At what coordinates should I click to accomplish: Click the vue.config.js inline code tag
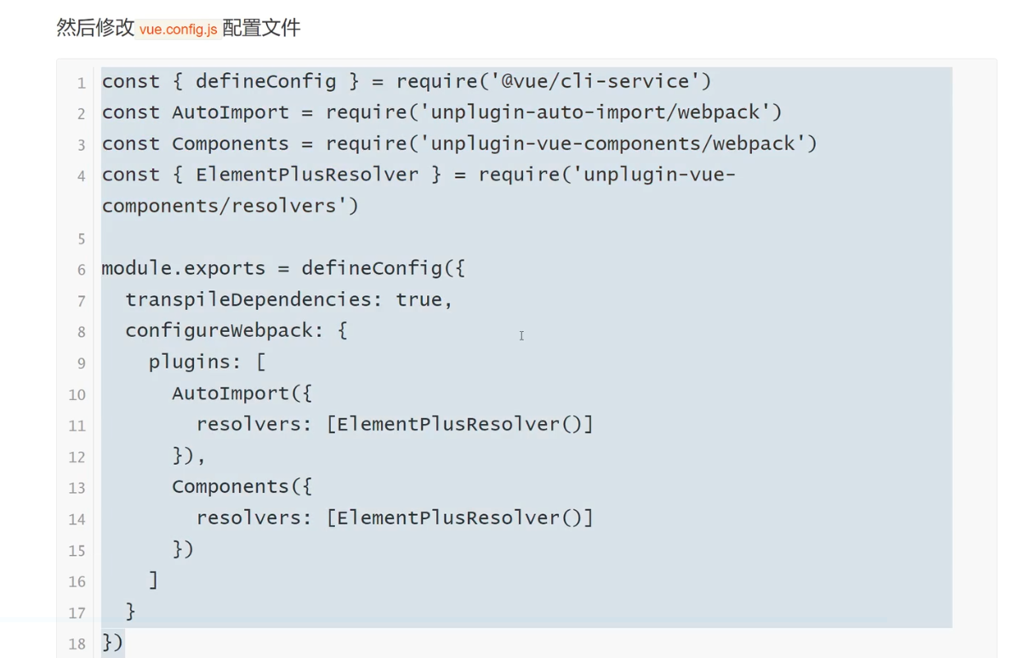[x=179, y=29]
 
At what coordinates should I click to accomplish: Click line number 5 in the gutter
[x=82, y=238]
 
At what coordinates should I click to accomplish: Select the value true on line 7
[x=419, y=300]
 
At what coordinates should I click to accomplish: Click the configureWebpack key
[x=219, y=330]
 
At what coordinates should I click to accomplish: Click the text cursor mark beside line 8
[x=521, y=336]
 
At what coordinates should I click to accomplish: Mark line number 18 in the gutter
[x=78, y=644]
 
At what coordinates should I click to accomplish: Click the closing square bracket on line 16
[x=154, y=581]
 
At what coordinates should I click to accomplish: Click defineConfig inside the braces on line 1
[x=265, y=82]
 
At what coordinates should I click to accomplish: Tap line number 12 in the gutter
[x=78, y=457]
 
